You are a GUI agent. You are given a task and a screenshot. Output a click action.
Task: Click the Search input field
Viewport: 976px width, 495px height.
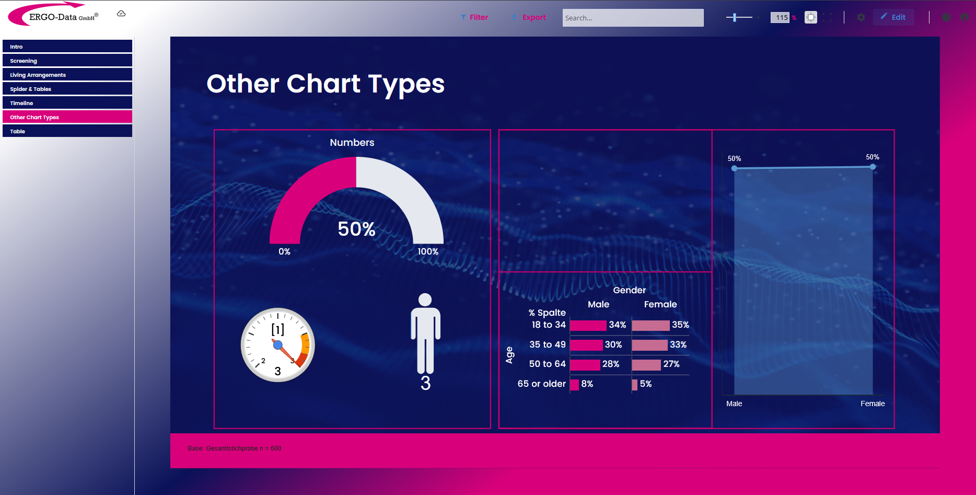click(633, 18)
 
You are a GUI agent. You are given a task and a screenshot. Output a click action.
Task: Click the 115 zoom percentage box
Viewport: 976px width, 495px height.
click(780, 17)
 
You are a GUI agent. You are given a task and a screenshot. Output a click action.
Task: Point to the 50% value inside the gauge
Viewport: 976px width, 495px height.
click(356, 229)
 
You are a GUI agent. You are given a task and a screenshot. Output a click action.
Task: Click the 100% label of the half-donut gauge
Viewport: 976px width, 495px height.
click(428, 251)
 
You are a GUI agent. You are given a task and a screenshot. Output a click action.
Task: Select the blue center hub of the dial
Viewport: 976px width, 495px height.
click(278, 344)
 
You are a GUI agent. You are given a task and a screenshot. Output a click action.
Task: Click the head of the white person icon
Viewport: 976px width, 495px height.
click(425, 300)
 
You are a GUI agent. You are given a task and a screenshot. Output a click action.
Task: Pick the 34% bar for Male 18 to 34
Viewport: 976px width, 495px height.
click(588, 325)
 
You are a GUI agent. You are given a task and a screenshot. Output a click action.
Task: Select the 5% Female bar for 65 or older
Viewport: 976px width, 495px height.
click(635, 385)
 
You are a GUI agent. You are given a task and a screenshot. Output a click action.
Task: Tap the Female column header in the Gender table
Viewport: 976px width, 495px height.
click(660, 304)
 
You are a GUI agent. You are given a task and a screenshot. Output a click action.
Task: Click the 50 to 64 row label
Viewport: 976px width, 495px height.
click(547, 364)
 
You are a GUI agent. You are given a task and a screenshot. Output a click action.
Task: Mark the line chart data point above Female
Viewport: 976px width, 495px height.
click(873, 167)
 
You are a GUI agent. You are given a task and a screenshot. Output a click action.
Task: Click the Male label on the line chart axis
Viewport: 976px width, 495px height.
click(734, 404)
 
